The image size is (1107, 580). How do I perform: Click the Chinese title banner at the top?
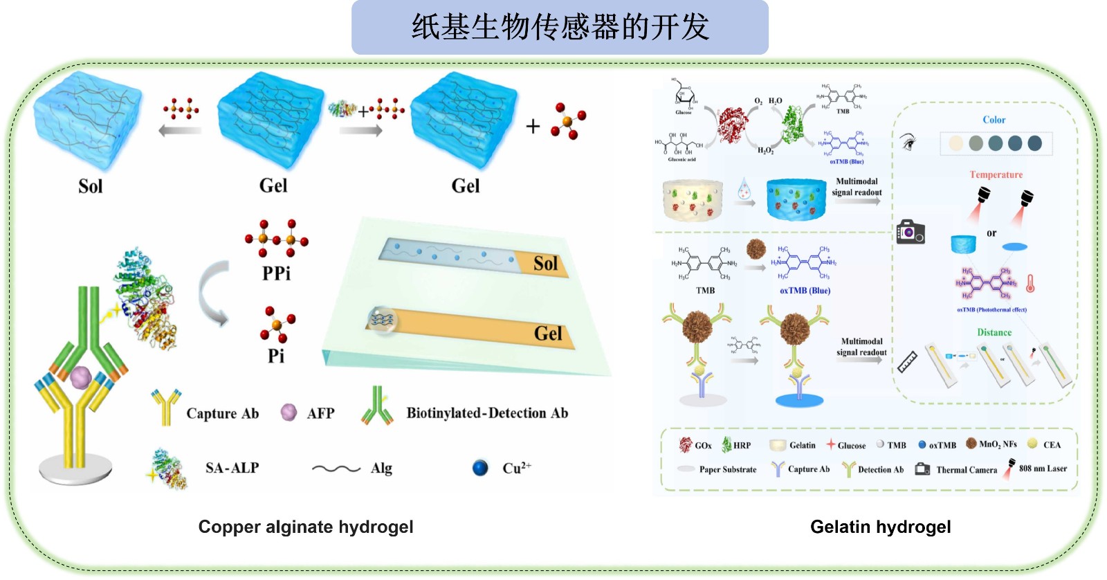coord(560,27)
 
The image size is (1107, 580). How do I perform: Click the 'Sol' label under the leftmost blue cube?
coord(90,186)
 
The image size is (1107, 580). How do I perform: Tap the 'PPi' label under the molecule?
coord(276,273)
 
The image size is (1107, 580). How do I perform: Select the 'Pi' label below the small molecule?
coord(276,356)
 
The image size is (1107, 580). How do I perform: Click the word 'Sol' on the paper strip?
coord(545,264)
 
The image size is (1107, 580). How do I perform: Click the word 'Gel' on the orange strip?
coord(548,334)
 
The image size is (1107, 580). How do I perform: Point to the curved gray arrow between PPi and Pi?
coord(214,294)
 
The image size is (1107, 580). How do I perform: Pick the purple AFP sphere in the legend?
coord(289,413)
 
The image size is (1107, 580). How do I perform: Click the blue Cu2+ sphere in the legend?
coord(480,469)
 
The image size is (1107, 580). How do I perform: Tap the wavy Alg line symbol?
coord(336,469)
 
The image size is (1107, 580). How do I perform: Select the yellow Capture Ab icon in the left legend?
coord(166,408)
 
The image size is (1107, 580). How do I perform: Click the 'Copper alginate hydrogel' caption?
coord(306,527)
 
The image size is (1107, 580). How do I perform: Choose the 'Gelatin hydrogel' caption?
coord(880,527)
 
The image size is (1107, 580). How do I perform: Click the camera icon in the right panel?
coord(911,232)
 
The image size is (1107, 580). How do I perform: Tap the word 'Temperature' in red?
coord(996,175)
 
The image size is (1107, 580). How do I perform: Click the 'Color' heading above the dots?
coord(994,120)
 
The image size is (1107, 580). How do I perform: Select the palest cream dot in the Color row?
coord(956,143)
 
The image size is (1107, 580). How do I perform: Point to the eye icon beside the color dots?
coord(909,143)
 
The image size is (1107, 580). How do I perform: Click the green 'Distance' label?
coord(994,333)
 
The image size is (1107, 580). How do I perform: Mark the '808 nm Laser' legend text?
coord(1043,469)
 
